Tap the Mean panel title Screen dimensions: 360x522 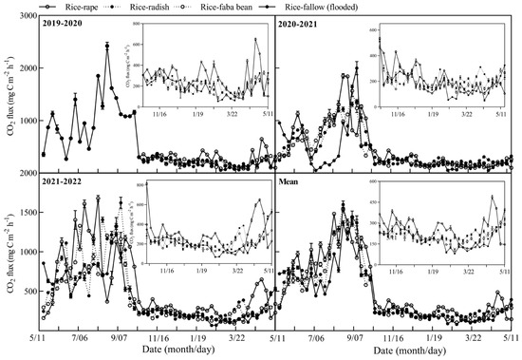click(290, 180)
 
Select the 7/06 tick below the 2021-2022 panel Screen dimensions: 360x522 click(79, 335)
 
